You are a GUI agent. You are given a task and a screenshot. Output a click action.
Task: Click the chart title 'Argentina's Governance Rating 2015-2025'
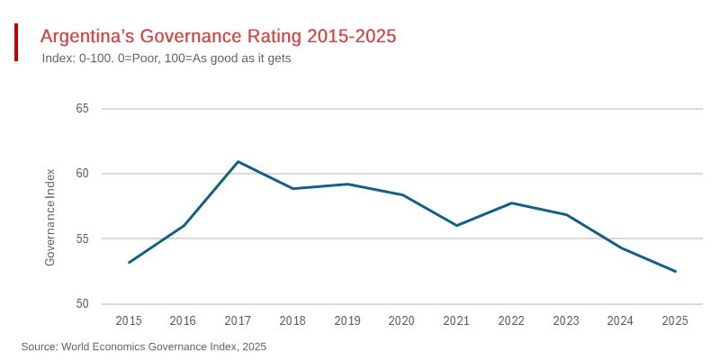pos(218,36)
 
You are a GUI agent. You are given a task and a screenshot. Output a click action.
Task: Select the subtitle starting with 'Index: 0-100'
pos(166,58)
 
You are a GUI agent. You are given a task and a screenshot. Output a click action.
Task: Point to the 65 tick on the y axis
pos(82,109)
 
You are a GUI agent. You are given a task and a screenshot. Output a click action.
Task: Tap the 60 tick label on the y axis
pos(82,174)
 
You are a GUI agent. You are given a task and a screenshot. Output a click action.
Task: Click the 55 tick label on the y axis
pos(82,239)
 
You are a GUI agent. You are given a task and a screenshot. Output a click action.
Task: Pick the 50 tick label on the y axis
pos(82,304)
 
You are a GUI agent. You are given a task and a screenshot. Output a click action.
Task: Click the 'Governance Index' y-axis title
pos(50,217)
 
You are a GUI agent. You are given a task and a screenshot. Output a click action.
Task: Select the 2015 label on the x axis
pos(129,321)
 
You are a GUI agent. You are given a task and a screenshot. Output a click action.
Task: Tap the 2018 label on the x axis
pos(292,321)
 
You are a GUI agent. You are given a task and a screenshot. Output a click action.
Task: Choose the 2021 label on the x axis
pos(456,321)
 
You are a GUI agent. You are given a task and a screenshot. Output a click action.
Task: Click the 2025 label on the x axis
pos(675,321)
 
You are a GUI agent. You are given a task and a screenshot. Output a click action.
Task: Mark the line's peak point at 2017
pos(238,162)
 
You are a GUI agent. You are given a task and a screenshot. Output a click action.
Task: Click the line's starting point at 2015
pos(129,263)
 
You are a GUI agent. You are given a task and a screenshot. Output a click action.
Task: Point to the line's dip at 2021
pos(456,225)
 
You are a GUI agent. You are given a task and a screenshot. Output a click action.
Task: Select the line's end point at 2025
pos(675,271)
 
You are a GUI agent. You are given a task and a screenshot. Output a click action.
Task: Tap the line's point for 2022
pos(511,203)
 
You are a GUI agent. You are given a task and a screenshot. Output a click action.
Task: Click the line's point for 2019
pos(347,184)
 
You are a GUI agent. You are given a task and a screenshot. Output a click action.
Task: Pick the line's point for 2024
pos(620,247)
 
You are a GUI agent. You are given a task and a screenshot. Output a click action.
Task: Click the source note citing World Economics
pos(144,346)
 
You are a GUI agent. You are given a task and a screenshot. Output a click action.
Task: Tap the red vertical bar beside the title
pos(16,42)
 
